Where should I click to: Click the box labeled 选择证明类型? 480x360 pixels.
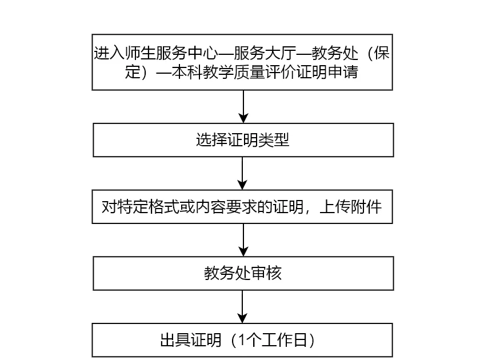(243, 140)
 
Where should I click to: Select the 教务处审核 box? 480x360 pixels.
(243, 273)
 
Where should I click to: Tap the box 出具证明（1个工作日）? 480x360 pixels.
(242, 340)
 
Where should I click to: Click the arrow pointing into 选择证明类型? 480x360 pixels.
(243, 106)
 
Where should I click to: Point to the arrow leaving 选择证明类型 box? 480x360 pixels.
(242, 173)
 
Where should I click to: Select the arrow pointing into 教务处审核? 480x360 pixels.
(243, 239)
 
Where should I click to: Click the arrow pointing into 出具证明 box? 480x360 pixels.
(242, 306)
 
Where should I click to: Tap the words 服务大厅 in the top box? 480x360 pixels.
(265, 53)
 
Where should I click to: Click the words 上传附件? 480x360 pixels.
(350, 207)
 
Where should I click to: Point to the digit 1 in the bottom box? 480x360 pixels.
(242, 340)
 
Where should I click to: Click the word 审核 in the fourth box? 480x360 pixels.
(266, 273)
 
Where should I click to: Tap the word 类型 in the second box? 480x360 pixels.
(274, 140)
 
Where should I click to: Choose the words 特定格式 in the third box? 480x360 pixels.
(148, 207)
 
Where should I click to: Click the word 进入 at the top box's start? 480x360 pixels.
(109, 53)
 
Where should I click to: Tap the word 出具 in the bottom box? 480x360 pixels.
(175, 340)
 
